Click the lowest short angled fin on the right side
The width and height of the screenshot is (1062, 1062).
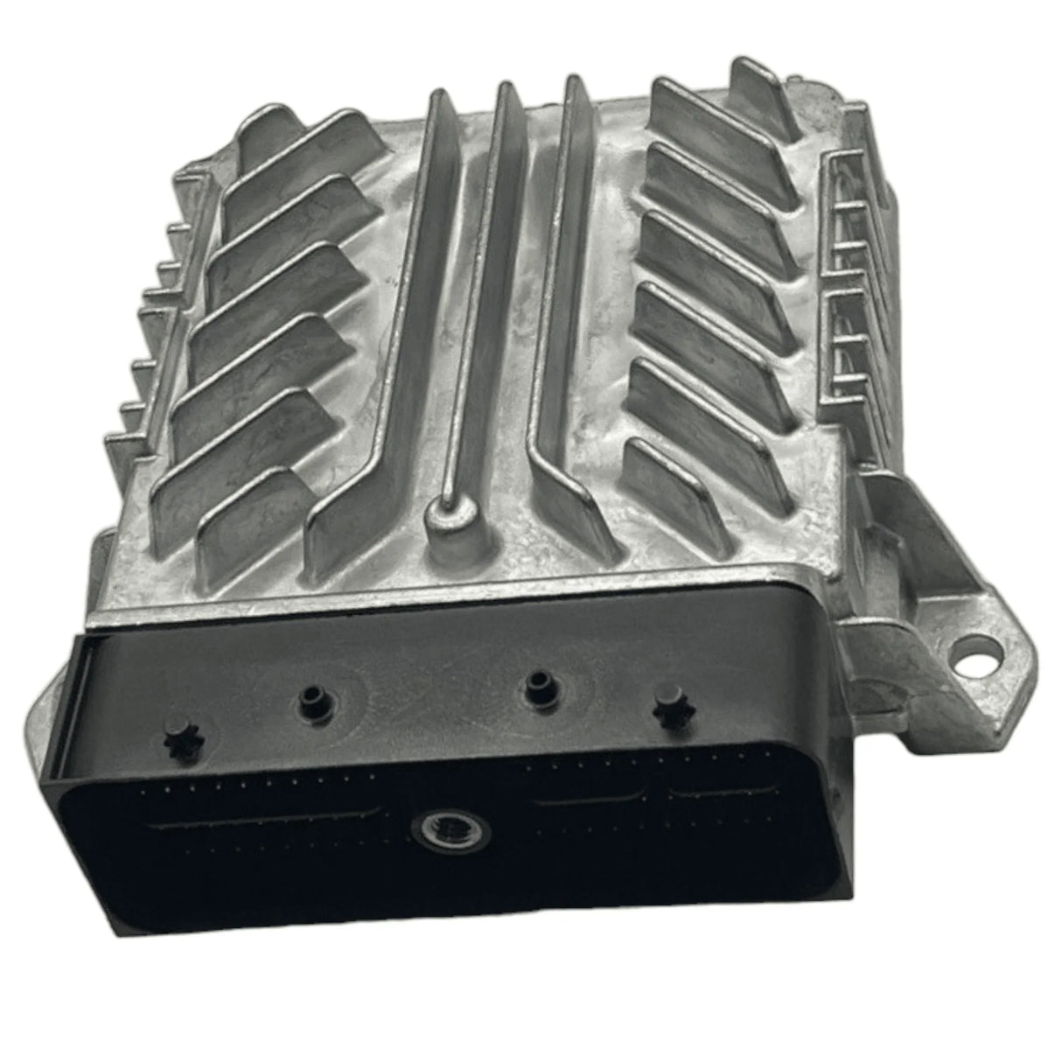coord(674,490)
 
